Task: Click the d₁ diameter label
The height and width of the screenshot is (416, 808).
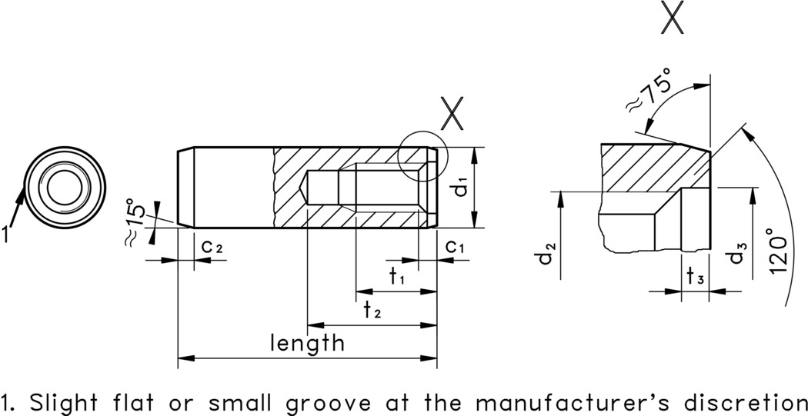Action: click(x=461, y=188)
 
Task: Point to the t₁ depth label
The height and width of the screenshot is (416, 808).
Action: click(x=397, y=278)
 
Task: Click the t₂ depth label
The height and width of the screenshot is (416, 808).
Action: click(x=373, y=310)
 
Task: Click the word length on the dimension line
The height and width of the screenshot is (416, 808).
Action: click(x=307, y=342)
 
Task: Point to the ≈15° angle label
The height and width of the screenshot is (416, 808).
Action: click(x=135, y=223)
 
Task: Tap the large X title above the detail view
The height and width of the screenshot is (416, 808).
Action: click(x=673, y=18)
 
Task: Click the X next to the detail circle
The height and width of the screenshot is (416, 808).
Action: click(x=453, y=116)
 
